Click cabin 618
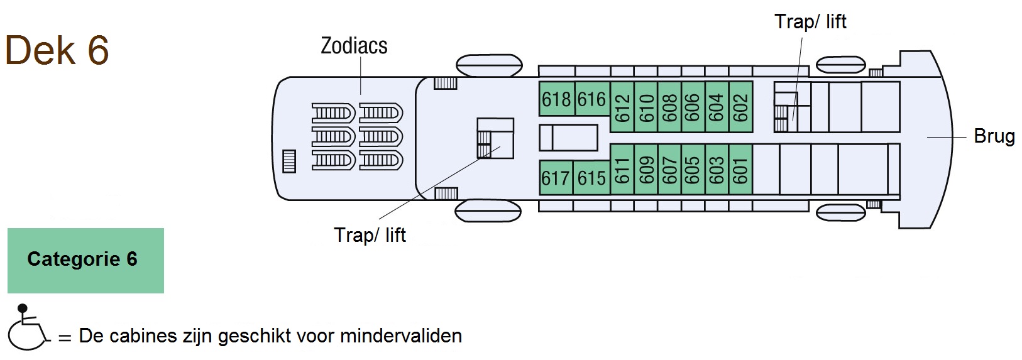click(556, 99)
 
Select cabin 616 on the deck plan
click(591, 99)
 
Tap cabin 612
click(622, 106)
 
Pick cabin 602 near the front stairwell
click(740, 106)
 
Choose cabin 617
click(556, 178)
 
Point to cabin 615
click(591, 178)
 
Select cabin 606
click(693, 106)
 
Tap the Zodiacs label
click(354, 46)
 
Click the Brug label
click(994, 136)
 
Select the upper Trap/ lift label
click(810, 22)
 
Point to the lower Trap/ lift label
click(370, 235)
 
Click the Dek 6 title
click(57, 50)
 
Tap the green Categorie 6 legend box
click(85, 260)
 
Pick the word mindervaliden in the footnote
click(400, 336)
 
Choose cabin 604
click(717, 106)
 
